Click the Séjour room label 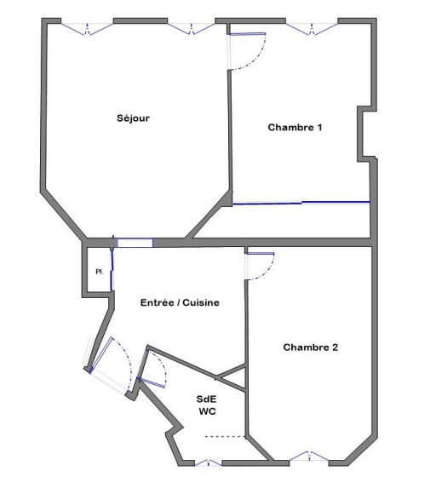point(133,118)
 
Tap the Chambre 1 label point(295,127)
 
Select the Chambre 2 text point(310,348)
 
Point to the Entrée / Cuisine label point(180,302)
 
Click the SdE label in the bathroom point(206,399)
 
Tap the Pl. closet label point(100,272)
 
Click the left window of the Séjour point(87,28)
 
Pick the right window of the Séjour point(191,28)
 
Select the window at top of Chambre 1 point(312,28)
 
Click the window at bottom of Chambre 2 point(309,456)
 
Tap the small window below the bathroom point(209,462)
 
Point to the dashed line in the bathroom point(225,437)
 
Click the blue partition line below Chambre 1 point(301,203)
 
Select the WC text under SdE point(207,411)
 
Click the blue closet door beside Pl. point(112,270)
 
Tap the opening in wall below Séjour point(135,243)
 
